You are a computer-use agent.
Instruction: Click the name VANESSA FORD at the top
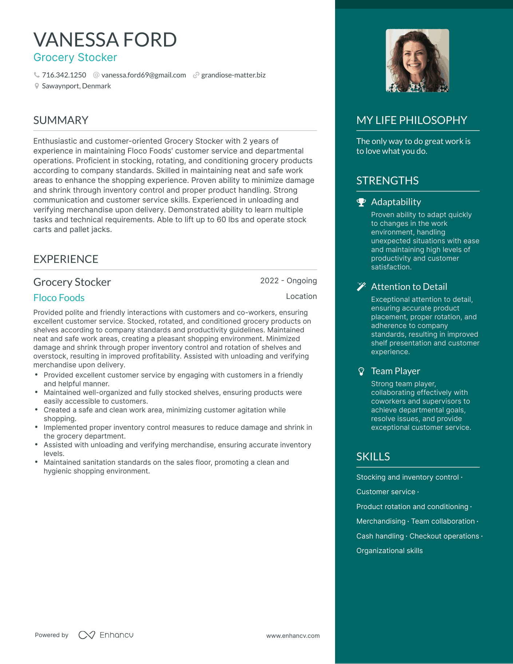(105, 40)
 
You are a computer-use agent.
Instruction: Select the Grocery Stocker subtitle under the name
(75, 57)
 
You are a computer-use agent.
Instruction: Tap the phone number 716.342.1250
(64, 75)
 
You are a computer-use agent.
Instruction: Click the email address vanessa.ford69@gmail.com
(143, 75)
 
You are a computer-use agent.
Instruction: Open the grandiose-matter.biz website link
(233, 75)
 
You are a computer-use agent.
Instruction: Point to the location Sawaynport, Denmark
(76, 86)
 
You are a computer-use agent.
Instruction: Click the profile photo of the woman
(417, 61)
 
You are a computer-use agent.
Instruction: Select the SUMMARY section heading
(61, 120)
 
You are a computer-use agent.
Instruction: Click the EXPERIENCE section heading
(66, 259)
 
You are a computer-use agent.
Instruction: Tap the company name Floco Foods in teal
(59, 298)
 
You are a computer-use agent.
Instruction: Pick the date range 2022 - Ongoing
(288, 281)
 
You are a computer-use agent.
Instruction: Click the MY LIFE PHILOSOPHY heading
(411, 120)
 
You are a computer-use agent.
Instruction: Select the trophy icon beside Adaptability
(361, 202)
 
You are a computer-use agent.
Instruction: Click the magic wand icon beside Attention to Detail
(361, 287)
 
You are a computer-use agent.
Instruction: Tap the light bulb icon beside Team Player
(361, 371)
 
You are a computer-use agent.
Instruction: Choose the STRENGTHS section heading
(387, 181)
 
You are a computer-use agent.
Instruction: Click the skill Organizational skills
(389, 551)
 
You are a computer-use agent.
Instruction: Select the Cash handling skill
(380, 536)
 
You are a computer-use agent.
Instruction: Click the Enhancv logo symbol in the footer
(87, 635)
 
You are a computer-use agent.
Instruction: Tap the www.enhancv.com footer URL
(293, 636)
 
